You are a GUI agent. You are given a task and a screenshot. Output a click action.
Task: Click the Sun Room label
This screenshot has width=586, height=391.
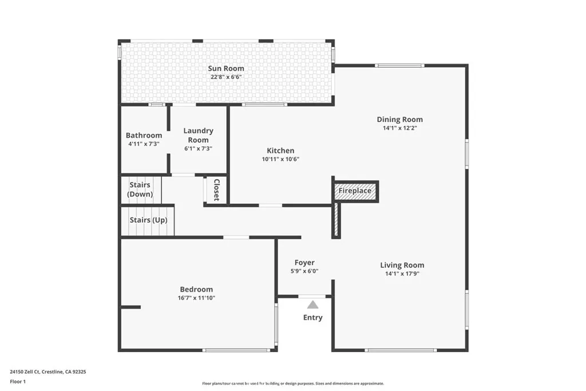227,69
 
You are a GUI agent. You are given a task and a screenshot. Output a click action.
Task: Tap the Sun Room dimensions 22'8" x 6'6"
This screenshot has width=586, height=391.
227,77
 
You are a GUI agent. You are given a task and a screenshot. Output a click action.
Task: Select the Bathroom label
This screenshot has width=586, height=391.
144,136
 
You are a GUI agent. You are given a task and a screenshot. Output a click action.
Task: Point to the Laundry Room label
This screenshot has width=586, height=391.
199,135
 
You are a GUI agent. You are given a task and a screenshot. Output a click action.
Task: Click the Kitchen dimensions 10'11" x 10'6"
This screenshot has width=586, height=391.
280,159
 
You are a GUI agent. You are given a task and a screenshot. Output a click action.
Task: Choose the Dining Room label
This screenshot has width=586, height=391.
399,120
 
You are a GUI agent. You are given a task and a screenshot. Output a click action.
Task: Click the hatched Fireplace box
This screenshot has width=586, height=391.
355,191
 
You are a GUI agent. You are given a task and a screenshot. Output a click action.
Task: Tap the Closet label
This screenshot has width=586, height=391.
216,190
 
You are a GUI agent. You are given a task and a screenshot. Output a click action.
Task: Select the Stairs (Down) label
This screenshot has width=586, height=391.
140,189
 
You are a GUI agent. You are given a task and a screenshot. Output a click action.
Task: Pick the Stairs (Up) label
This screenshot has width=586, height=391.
148,220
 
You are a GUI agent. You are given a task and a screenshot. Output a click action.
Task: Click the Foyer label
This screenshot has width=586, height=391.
304,263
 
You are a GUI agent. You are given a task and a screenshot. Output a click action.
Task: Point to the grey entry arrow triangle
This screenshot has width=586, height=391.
312,305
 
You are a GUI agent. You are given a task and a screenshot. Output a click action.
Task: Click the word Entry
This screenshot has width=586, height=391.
312,318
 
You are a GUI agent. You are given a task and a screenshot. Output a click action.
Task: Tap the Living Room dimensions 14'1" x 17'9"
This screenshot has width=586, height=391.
402,273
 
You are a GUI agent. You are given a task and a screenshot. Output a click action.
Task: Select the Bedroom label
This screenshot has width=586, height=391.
196,290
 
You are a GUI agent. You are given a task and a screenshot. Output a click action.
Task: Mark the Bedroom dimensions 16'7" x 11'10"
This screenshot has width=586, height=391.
196,298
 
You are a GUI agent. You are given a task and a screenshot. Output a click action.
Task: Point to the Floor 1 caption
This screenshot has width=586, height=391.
18,381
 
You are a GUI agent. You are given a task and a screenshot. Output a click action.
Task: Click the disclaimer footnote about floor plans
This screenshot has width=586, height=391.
292,384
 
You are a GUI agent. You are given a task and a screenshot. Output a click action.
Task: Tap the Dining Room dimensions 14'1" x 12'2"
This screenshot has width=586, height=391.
399,128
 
